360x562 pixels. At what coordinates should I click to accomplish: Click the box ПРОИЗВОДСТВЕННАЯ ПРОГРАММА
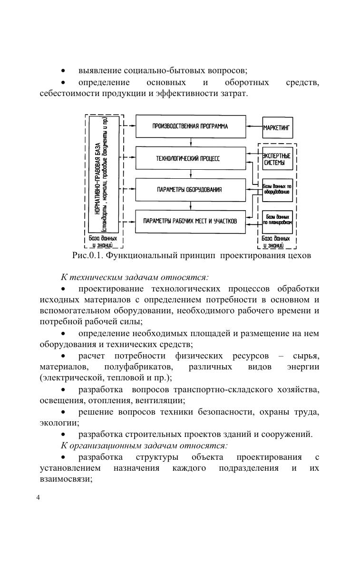[191, 126]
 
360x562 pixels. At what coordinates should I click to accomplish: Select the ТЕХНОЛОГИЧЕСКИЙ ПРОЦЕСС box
[191, 158]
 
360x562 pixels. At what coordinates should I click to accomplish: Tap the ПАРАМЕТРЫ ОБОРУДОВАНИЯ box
[191, 190]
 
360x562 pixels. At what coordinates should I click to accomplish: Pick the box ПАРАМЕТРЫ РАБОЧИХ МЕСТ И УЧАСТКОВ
[191, 221]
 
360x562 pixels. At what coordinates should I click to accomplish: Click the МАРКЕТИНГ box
[278, 127]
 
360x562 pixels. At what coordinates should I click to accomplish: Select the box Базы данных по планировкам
[278, 220]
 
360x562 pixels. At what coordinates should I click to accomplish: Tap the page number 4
[39, 498]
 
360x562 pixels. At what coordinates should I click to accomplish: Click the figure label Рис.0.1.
[87, 255]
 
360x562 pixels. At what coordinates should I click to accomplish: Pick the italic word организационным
[105, 446]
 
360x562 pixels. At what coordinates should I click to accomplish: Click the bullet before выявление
[63, 71]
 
